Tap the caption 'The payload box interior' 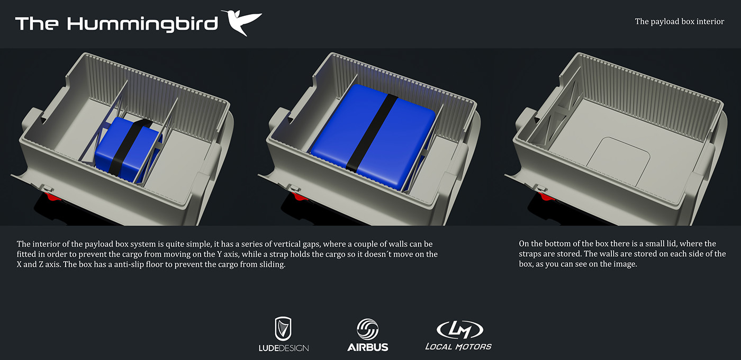pyautogui.click(x=680, y=22)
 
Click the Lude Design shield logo pyautogui.click(x=284, y=328)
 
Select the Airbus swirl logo pyautogui.click(x=367, y=329)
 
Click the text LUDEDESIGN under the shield pyautogui.click(x=284, y=348)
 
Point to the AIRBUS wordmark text pyautogui.click(x=367, y=347)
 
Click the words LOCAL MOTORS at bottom pyautogui.click(x=458, y=347)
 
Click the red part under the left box pyautogui.click(x=52, y=197)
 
